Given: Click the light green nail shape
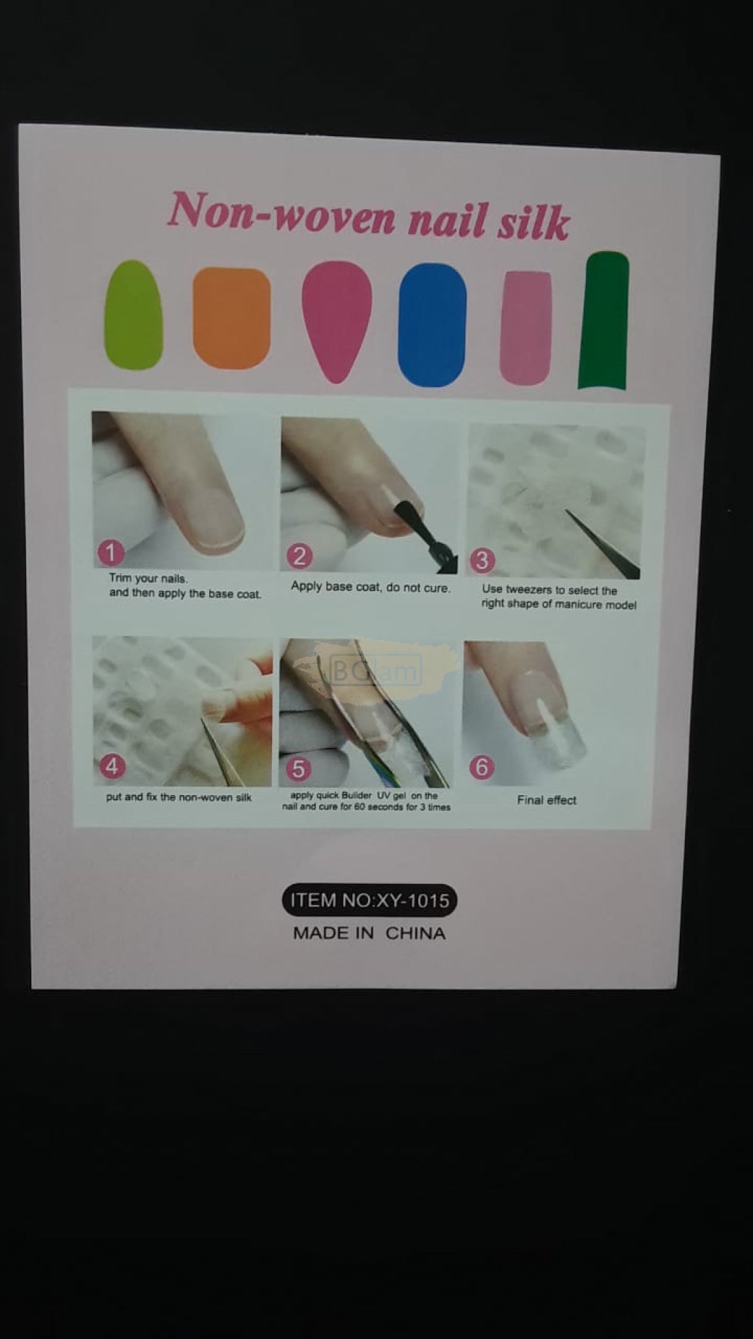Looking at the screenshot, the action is tap(133, 314).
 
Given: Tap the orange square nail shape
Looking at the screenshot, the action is tap(232, 318).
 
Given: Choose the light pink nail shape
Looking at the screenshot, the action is tap(526, 327).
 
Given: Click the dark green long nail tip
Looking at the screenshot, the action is tap(604, 320).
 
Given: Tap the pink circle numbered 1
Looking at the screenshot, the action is tap(110, 552).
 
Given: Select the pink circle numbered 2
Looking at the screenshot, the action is tap(299, 556).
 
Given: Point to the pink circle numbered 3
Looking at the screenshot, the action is tap(482, 560).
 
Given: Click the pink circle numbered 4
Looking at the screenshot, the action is tap(112, 766).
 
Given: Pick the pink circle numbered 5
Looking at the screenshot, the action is tap(298, 769).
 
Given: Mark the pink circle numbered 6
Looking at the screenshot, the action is tap(482, 766).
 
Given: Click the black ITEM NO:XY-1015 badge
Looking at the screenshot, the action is tap(369, 900).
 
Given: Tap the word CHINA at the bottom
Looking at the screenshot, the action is tap(415, 933).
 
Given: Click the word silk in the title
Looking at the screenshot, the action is tap(533, 222).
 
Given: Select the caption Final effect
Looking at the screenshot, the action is tap(546, 800).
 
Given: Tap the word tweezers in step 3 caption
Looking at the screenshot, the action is tap(529, 590).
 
